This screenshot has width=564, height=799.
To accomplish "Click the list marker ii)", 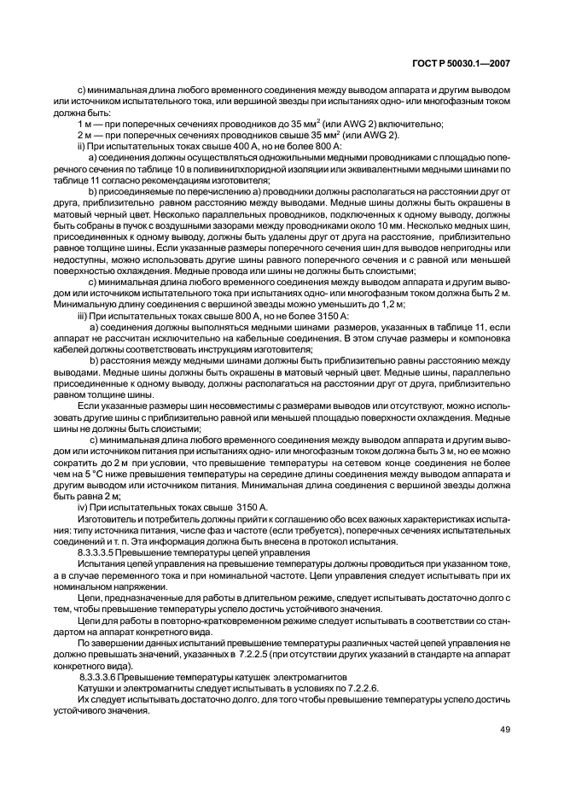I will tap(83, 147).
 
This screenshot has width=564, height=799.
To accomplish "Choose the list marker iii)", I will tap(84, 316).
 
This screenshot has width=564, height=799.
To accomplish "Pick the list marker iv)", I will tap(84, 507).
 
